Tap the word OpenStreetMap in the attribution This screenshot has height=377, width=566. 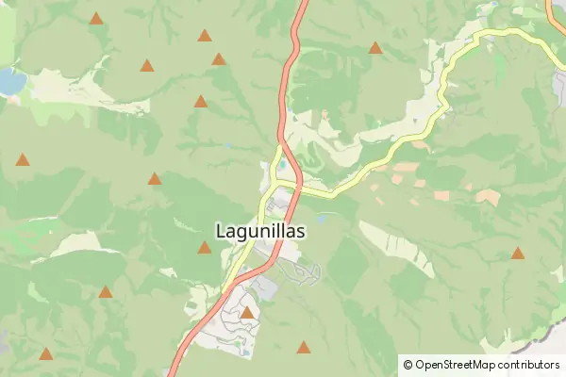point(456,365)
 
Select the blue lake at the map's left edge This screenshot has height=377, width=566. point(10,81)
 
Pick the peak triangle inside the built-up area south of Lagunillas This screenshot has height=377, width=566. point(247,312)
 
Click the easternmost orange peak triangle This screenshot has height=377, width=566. point(518,253)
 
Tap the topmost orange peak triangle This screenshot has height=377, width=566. point(96,18)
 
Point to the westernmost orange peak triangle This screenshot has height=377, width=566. point(23,159)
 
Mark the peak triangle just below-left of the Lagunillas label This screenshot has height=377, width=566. point(204,248)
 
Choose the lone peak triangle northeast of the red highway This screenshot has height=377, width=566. point(375,47)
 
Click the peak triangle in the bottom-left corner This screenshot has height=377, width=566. point(45,354)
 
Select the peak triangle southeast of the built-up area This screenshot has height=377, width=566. point(304,347)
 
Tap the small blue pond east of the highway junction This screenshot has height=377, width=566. point(323,218)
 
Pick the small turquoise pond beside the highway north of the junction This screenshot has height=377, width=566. point(281,161)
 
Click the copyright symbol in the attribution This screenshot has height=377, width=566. point(408,365)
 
